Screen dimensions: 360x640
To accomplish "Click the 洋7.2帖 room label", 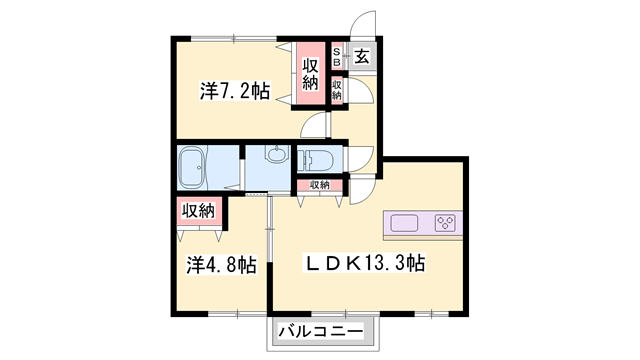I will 235,91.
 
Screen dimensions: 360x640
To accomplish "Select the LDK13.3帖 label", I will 365,264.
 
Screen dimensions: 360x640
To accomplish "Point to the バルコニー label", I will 322,331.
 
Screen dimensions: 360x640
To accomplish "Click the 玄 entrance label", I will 360,59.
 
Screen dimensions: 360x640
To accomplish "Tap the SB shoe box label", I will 337,57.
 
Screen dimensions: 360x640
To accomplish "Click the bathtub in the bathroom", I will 192,167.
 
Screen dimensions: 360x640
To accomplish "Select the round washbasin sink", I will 276,156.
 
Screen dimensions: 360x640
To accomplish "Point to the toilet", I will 320,159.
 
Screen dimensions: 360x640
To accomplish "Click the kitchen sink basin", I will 406,223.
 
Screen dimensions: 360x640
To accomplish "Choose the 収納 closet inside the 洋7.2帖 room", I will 310,75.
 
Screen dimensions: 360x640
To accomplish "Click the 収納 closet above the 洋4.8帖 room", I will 198,211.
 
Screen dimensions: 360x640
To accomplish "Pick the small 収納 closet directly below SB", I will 337,89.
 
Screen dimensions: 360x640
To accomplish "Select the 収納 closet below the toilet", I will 319,185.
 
